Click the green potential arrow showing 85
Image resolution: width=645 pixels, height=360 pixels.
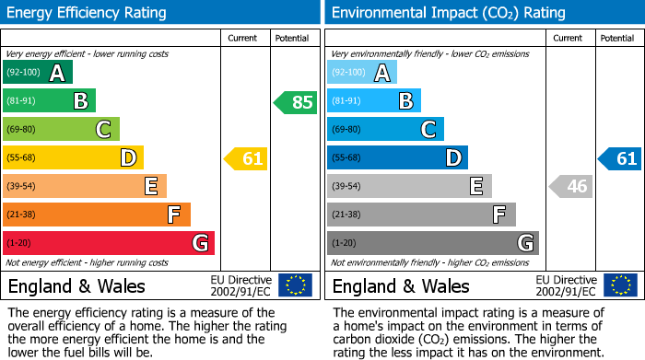click(x=296, y=102)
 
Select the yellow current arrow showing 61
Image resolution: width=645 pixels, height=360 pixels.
click(x=246, y=159)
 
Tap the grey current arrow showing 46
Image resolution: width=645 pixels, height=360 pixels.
click(x=570, y=187)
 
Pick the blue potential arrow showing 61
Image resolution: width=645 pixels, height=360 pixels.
click(x=620, y=159)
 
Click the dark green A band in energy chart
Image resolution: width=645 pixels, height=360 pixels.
click(x=38, y=73)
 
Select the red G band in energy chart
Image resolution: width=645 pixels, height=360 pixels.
click(x=109, y=243)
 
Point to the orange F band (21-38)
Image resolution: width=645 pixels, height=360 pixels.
click(x=97, y=215)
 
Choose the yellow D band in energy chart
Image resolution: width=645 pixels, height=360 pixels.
click(x=74, y=158)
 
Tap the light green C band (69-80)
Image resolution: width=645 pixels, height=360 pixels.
click(x=62, y=130)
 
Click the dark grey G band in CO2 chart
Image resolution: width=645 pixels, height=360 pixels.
click(x=433, y=243)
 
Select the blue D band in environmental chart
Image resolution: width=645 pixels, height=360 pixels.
click(x=398, y=158)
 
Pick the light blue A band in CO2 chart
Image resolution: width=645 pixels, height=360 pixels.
click(x=362, y=73)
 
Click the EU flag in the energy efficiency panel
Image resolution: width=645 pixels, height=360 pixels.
click(x=295, y=285)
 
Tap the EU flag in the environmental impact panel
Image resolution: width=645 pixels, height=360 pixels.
click(x=619, y=285)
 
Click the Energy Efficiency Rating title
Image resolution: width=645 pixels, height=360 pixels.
click(x=87, y=13)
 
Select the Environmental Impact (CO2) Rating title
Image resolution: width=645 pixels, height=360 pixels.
click(x=448, y=13)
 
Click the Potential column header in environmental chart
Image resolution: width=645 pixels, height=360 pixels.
click(x=617, y=39)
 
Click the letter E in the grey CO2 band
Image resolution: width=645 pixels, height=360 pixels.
click(x=476, y=187)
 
